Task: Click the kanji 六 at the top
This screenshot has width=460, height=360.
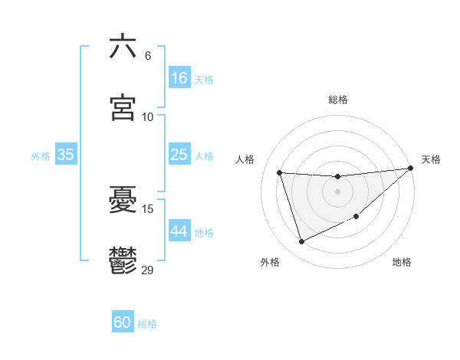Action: [x=123, y=47]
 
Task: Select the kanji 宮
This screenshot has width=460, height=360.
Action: [x=123, y=108]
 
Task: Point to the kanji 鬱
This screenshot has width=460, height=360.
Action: [x=123, y=260]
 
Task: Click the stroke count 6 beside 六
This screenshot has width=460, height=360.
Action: [x=148, y=56]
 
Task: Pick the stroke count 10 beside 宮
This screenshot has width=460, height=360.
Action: [x=148, y=117]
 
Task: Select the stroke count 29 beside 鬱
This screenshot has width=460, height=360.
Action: [x=148, y=270]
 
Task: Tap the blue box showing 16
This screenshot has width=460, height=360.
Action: [x=179, y=78]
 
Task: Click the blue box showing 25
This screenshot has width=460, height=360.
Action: [x=179, y=155]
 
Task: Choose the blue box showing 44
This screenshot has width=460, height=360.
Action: [x=179, y=231]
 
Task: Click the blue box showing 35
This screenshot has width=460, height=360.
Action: [x=65, y=155]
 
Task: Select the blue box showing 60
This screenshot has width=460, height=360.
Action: [x=123, y=322]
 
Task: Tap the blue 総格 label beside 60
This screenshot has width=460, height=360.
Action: [x=147, y=324]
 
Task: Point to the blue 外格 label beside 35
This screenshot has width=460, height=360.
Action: [x=41, y=155]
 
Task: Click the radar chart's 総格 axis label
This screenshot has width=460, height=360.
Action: [x=338, y=100]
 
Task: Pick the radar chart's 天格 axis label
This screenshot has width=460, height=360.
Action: [x=431, y=159]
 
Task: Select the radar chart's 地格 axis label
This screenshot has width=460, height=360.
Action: [x=402, y=262]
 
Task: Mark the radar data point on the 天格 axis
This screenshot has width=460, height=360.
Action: [x=411, y=168]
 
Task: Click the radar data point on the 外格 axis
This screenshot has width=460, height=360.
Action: [x=301, y=242]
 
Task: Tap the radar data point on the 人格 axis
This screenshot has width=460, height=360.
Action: [x=280, y=172]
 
